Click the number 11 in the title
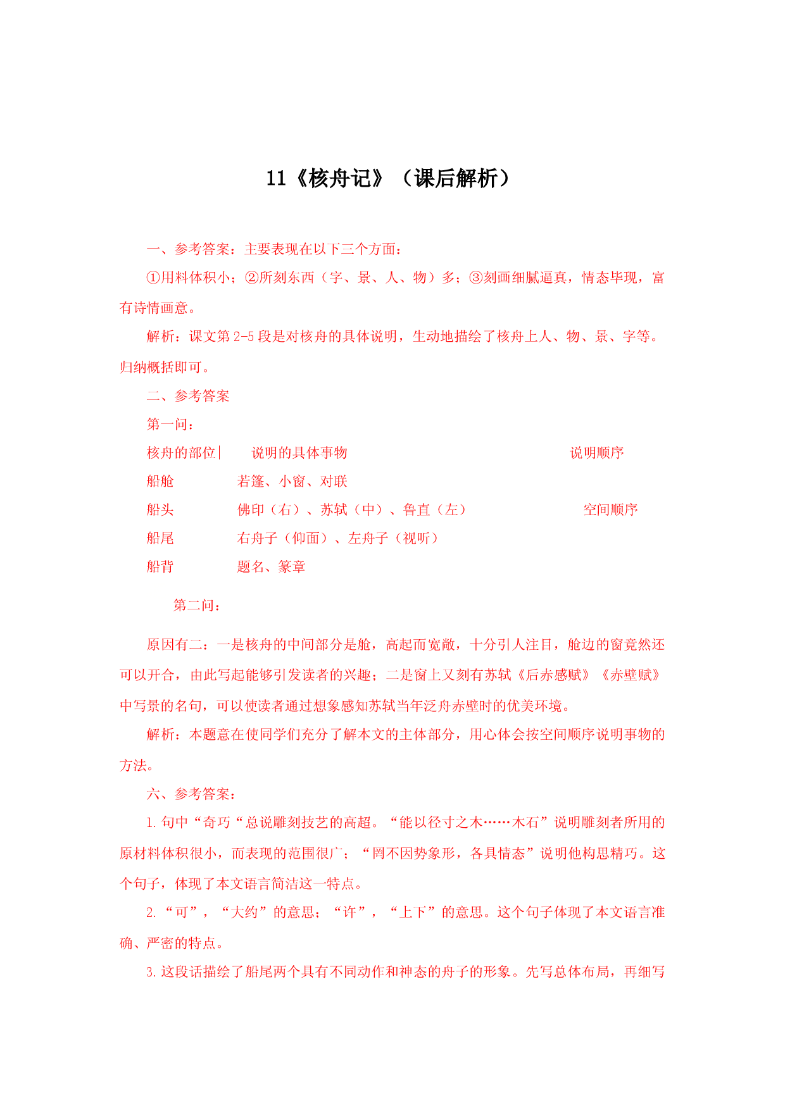coord(276,178)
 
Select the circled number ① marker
coord(154,278)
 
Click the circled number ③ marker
coord(476,278)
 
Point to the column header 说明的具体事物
coord(299,452)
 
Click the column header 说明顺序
coord(597,452)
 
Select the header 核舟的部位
coord(181,452)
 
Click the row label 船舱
coord(160,481)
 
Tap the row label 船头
coord(160,509)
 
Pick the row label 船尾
coord(160,538)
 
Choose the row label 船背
coord(160,566)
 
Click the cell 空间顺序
coord(610,509)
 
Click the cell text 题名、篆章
coord(272,566)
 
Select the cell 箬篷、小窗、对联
coord(292,481)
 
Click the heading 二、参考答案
coord(188,396)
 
